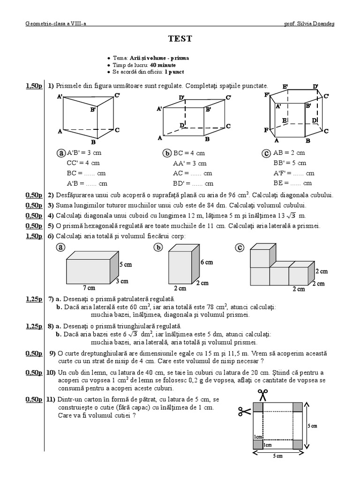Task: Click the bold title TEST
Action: [x=180, y=39]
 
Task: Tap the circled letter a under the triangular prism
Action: [x=61, y=153]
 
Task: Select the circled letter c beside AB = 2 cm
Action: [x=265, y=153]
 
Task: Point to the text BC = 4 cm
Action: [x=189, y=153]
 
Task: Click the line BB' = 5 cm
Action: [x=290, y=163]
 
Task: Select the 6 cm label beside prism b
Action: [x=206, y=262]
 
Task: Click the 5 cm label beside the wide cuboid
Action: [x=126, y=264]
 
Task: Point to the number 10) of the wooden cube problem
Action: [x=51, y=372]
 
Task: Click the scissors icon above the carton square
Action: [x=262, y=395]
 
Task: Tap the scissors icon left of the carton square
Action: [x=244, y=412]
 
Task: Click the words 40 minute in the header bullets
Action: [x=163, y=65]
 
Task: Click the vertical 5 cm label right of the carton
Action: [x=312, y=426]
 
